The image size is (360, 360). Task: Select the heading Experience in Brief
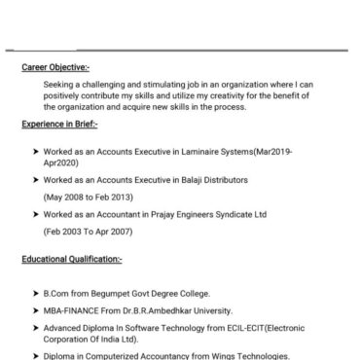[x=60, y=125]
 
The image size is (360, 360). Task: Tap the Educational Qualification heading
[x=72, y=260]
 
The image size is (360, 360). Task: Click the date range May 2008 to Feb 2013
[x=89, y=197]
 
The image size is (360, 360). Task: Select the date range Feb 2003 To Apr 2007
[x=90, y=233]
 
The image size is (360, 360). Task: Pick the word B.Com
[x=55, y=293]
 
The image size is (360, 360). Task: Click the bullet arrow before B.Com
[x=35, y=293]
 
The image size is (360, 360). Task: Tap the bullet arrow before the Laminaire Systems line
[x=35, y=153]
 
